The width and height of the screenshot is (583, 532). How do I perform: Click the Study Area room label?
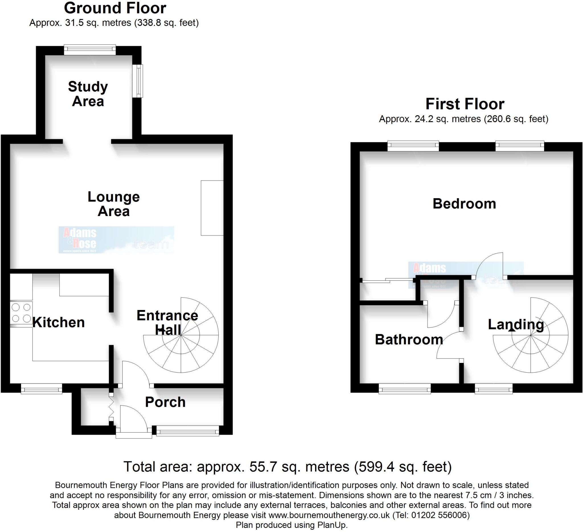coord(88,94)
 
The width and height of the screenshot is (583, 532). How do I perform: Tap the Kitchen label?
coord(58,323)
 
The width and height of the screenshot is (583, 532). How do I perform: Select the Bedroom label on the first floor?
coord(464,204)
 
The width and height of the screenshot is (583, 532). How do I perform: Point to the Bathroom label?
coord(408,340)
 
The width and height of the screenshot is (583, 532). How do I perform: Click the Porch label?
coord(165,402)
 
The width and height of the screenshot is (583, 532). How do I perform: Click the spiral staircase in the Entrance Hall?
coord(181,335)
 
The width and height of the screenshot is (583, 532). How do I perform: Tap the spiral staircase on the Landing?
coord(531,335)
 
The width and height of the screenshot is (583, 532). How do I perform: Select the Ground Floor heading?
coord(115,8)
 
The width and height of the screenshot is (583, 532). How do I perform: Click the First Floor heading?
coord(465,104)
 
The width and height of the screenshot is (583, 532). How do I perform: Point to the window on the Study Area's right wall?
coord(139,81)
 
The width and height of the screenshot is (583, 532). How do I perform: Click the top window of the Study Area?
coord(90,50)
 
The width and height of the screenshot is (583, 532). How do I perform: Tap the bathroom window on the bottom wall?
coord(405,389)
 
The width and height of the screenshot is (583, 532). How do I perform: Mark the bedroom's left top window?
coord(413,146)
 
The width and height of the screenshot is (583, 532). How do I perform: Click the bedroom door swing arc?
coord(489,264)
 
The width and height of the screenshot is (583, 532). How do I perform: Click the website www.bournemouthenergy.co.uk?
coord(329,515)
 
